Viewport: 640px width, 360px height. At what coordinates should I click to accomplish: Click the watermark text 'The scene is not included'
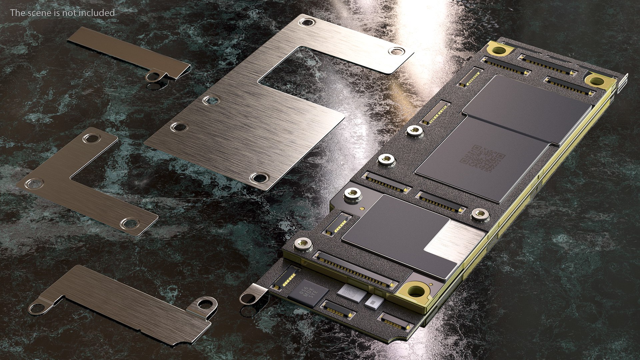click(x=62, y=13)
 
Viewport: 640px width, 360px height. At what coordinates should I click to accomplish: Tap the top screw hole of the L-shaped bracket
click(x=91, y=138)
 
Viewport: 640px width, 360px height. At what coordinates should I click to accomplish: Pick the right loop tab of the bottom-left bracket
click(x=203, y=304)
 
